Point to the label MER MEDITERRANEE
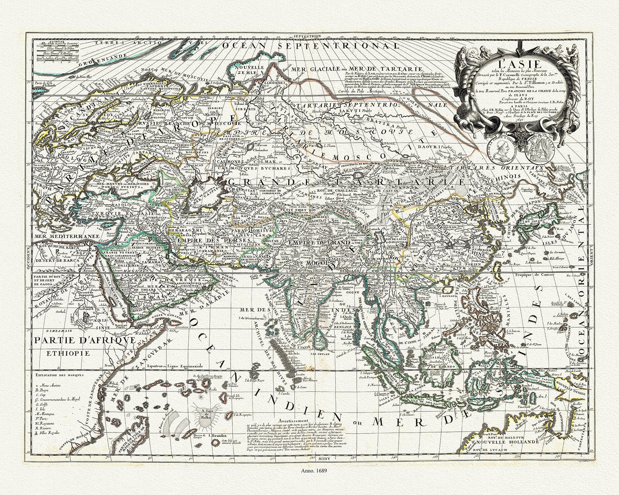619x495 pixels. (64, 237)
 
